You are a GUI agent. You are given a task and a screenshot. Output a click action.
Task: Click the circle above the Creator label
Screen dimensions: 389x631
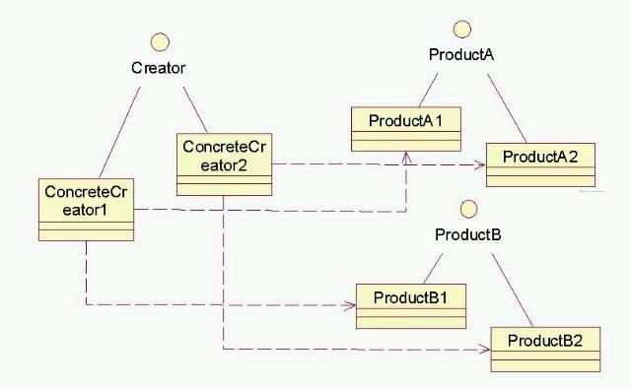click(x=159, y=43)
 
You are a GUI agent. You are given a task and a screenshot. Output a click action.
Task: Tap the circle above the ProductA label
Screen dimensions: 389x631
click(x=460, y=29)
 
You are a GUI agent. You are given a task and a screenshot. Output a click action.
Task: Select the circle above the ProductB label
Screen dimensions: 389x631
click(x=469, y=209)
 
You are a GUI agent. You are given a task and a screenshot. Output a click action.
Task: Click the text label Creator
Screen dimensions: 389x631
click(x=158, y=68)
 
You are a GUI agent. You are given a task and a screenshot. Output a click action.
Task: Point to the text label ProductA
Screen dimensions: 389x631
click(x=460, y=54)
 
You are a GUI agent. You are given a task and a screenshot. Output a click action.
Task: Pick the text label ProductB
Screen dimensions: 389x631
click(x=468, y=234)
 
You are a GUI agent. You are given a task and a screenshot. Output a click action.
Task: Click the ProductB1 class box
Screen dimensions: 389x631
click(x=410, y=304)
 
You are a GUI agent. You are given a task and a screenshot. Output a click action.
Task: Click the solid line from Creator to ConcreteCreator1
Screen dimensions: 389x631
click(x=124, y=130)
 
